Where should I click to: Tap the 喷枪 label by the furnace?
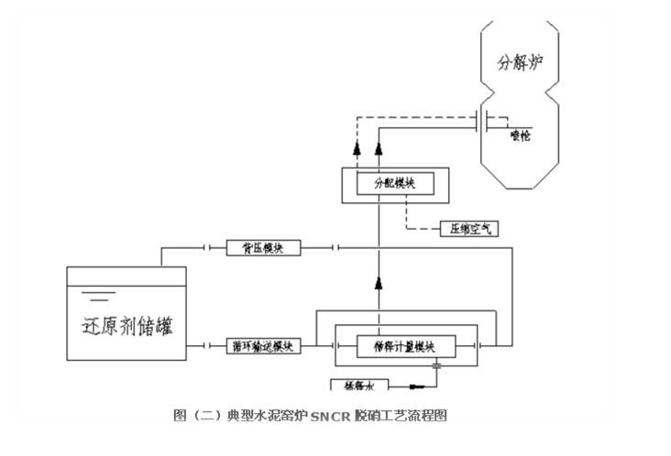coord(521,136)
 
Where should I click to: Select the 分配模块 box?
coord(394,182)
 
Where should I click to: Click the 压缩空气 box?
coord(469,229)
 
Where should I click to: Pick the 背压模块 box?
coord(262,247)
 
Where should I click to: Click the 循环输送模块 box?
coord(262,346)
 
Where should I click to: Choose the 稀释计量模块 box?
coord(402,346)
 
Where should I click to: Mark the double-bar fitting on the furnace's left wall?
coord(480,121)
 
